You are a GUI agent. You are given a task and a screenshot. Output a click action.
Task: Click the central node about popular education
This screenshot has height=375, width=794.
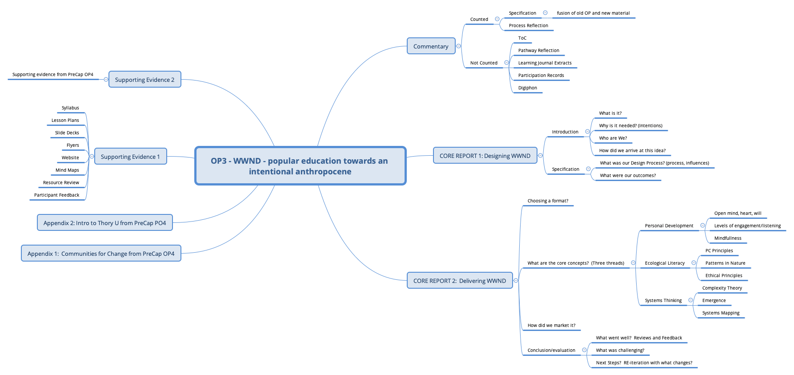point(300,166)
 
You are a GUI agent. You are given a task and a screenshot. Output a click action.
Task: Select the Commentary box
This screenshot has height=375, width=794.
point(431,46)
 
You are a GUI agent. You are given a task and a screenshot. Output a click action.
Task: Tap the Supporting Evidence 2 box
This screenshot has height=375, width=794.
point(144,80)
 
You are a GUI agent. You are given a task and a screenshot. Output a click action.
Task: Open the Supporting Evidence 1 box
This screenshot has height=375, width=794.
point(130,157)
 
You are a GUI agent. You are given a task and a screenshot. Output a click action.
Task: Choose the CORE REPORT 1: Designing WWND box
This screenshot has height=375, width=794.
point(485,156)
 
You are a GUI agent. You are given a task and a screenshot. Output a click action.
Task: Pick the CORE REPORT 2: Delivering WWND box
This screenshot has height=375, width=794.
point(459,281)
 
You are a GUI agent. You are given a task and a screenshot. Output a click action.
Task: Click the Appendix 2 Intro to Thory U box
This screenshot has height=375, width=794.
point(104,223)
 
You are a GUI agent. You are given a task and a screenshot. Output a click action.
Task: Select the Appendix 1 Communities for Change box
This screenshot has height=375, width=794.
point(101,254)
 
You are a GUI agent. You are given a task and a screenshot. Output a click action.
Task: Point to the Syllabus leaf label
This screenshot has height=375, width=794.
point(70,108)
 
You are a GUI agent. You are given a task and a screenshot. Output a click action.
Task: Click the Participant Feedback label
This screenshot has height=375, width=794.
point(57,195)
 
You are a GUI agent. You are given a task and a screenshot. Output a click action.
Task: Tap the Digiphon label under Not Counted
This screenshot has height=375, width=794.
point(527,88)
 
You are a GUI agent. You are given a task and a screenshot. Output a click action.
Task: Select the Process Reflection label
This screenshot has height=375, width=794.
point(528,26)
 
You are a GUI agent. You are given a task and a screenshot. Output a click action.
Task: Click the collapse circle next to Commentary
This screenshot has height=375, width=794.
point(458,46)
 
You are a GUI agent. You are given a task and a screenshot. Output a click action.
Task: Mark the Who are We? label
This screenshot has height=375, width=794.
point(613,138)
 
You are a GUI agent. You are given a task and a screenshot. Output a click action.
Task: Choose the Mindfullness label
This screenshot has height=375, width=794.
point(727,238)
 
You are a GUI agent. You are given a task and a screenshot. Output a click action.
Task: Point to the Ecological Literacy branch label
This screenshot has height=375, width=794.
point(665,263)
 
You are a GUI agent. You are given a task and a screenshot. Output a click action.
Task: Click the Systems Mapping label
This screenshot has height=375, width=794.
point(721,313)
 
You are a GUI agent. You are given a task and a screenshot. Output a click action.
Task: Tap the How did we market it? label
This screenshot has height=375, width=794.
point(551,326)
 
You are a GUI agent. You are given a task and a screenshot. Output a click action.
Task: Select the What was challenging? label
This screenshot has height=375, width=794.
point(620,351)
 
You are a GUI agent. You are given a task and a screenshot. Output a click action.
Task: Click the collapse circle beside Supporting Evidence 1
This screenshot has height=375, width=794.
point(92,157)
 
